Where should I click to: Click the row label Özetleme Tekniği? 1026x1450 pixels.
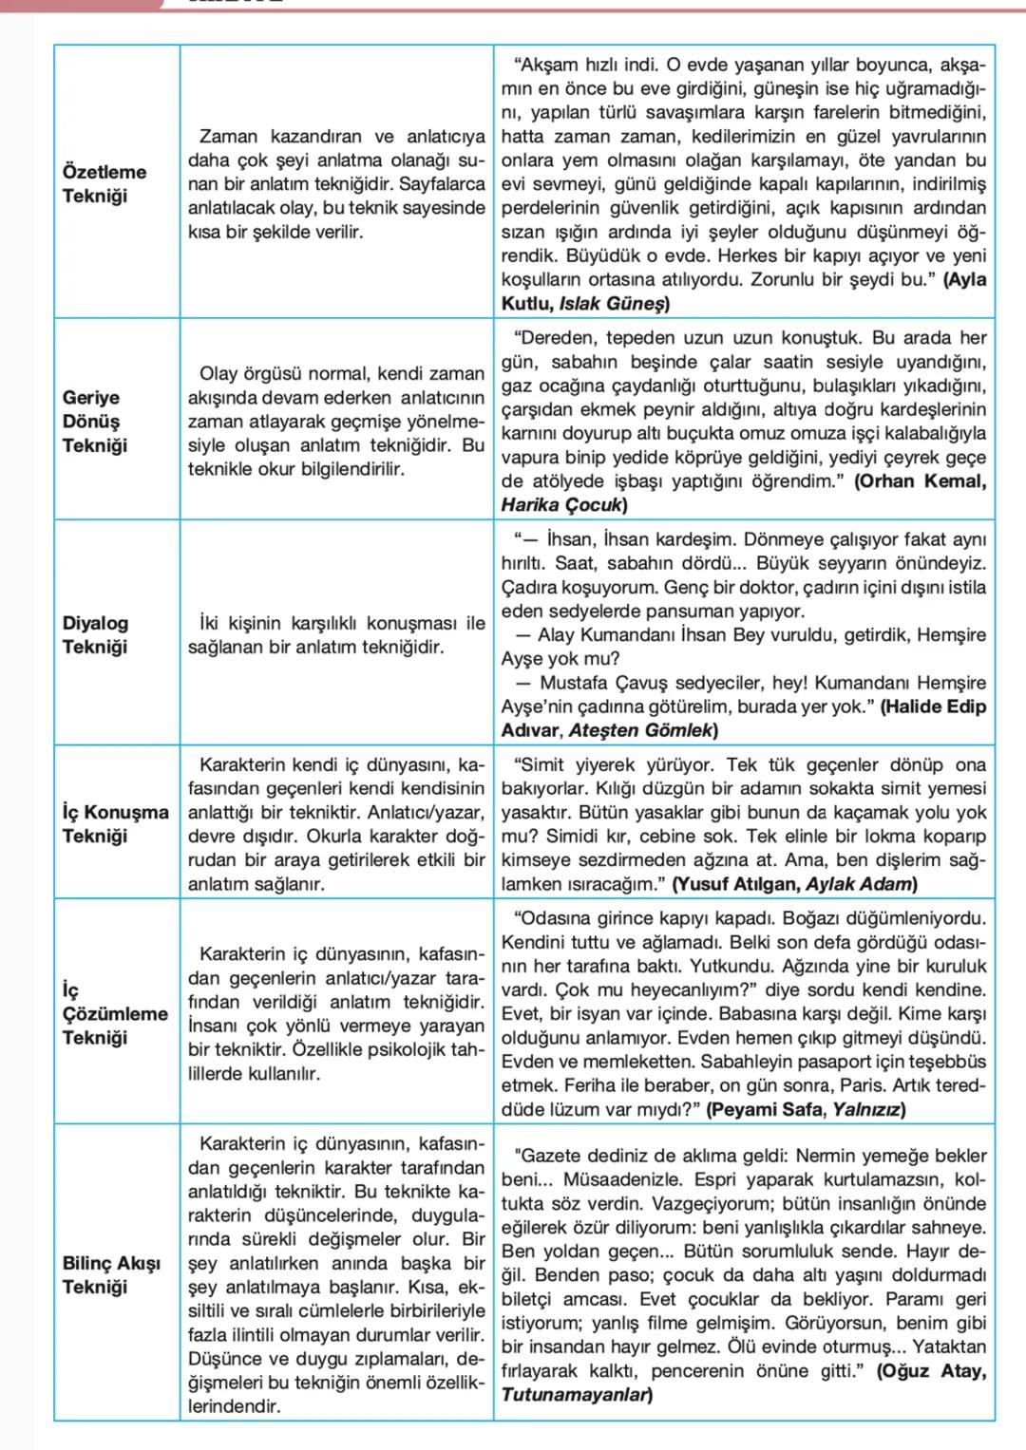[x=104, y=184]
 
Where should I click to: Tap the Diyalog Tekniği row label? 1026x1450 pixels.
[x=95, y=635]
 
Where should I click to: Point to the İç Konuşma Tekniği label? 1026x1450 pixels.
[x=115, y=824]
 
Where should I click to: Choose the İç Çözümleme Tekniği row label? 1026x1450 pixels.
[x=114, y=1013]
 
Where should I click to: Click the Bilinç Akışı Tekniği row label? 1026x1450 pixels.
[x=111, y=1275]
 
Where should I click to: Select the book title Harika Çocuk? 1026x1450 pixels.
[x=561, y=505]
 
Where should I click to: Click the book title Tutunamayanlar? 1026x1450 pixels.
[x=575, y=1395]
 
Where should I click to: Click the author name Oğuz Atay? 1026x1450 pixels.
[x=935, y=1371]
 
